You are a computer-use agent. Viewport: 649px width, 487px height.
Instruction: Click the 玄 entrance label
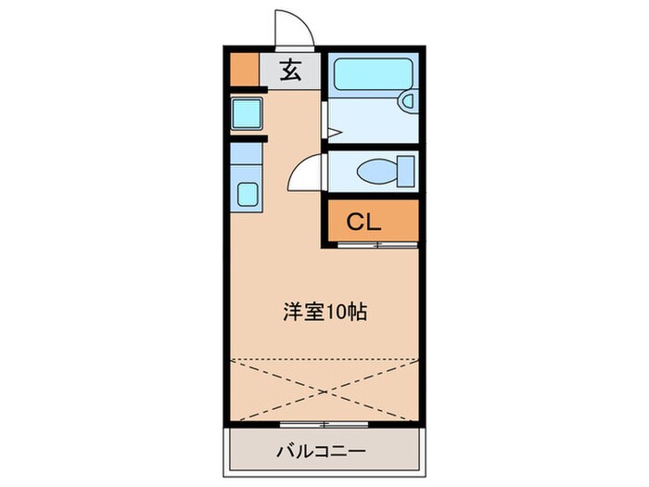point(290,70)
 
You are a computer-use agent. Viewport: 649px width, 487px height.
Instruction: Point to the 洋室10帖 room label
point(324,313)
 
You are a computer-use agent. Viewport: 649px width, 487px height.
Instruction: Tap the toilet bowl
point(375,172)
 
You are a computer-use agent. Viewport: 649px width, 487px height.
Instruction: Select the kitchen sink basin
point(248,194)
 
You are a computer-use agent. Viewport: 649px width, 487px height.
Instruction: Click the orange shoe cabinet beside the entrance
point(243,70)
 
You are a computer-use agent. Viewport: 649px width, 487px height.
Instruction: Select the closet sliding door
point(371,246)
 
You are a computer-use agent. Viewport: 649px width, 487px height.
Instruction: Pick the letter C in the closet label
point(355,222)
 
